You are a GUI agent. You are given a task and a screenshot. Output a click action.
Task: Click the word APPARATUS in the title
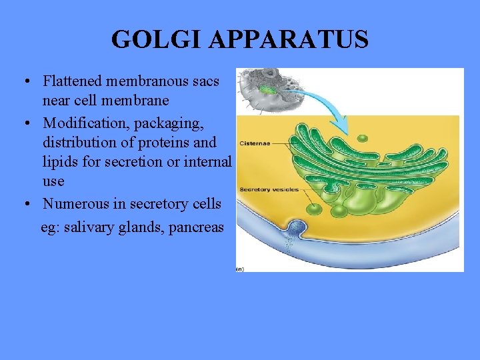click(x=288, y=39)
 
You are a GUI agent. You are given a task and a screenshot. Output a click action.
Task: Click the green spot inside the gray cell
click(x=267, y=89)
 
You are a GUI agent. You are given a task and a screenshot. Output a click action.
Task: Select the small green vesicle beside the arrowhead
click(x=362, y=139)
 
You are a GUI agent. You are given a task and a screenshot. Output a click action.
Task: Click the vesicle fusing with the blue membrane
click(x=294, y=231)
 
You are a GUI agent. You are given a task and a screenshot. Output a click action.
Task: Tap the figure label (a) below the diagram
click(x=239, y=269)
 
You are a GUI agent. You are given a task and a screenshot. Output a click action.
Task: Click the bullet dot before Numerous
click(x=25, y=203)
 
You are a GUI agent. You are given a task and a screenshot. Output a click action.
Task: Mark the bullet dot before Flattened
click(x=25, y=82)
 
